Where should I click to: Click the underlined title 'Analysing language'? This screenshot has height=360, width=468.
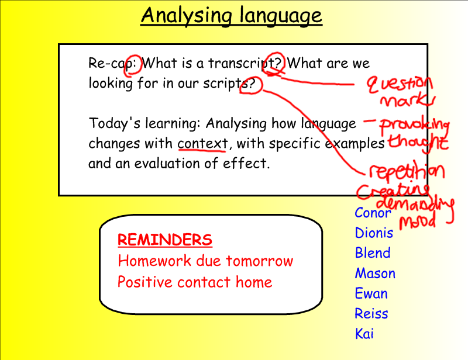pos(231,16)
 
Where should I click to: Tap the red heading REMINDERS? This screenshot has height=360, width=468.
pos(165,240)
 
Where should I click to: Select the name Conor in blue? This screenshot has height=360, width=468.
pos(373,213)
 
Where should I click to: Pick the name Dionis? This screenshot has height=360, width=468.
pos(374,233)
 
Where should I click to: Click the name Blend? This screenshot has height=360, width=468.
pos(373,252)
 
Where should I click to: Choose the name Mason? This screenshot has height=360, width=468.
pos(375,273)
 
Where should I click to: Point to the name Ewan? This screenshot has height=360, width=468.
pos(371,293)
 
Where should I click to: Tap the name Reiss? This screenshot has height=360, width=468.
pos(371,313)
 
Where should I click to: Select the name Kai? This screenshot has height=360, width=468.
pos(364,334)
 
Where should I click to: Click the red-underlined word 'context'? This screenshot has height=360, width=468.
pos(202,143)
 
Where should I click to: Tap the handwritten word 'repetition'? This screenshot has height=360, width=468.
pos(407,172)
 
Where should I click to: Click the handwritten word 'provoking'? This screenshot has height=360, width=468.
pos(415,126)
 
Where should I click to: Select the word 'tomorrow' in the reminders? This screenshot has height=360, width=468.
pos(259,261)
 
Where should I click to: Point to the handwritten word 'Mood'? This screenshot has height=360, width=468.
pos(418,221)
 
